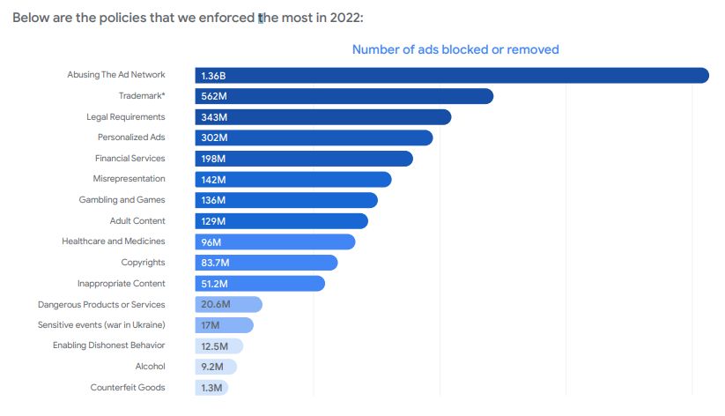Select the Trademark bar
tap(344, 96)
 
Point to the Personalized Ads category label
tap(131, 137)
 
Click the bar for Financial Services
tap(304, 159)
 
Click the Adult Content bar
tap(281, 221)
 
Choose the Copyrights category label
tap(143, 263)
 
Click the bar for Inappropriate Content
tap(260, 284)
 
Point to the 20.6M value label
tap(215, 305)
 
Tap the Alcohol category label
tap(150, 367)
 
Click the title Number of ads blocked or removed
tap(455, 49)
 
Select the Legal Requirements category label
tap(125, 117)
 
